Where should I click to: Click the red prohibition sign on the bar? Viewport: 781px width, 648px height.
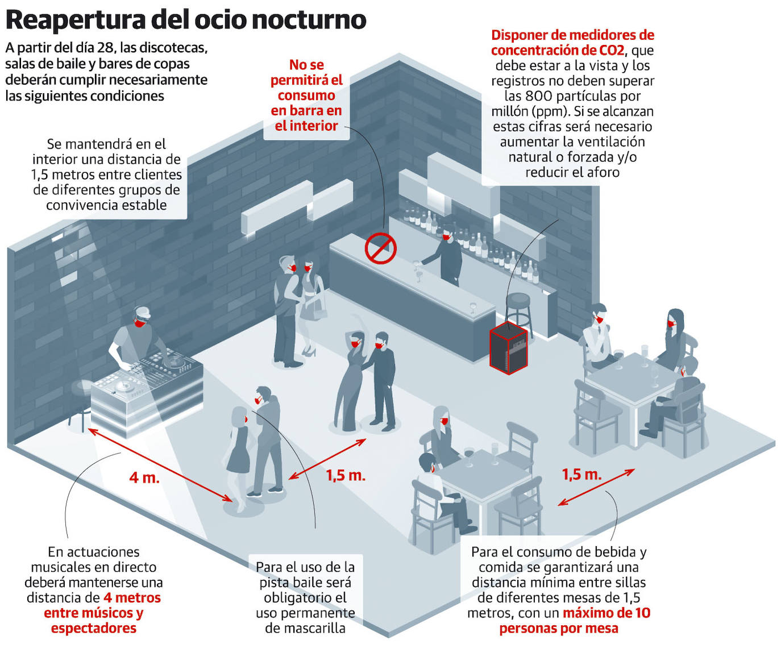(380, 248)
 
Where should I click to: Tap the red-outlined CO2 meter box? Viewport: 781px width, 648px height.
(508, 347)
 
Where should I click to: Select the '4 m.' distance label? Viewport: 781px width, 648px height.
(144, 477)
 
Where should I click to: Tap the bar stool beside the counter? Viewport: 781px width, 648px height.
(518, 310)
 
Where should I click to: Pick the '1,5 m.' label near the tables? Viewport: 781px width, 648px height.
(581, 475)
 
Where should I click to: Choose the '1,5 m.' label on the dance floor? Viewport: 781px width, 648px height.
(346, 476)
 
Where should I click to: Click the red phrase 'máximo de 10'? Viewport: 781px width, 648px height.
(606, 613)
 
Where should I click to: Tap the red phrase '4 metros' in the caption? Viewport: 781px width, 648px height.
(132, 597)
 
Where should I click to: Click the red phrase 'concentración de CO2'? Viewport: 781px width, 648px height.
(558, 50)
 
